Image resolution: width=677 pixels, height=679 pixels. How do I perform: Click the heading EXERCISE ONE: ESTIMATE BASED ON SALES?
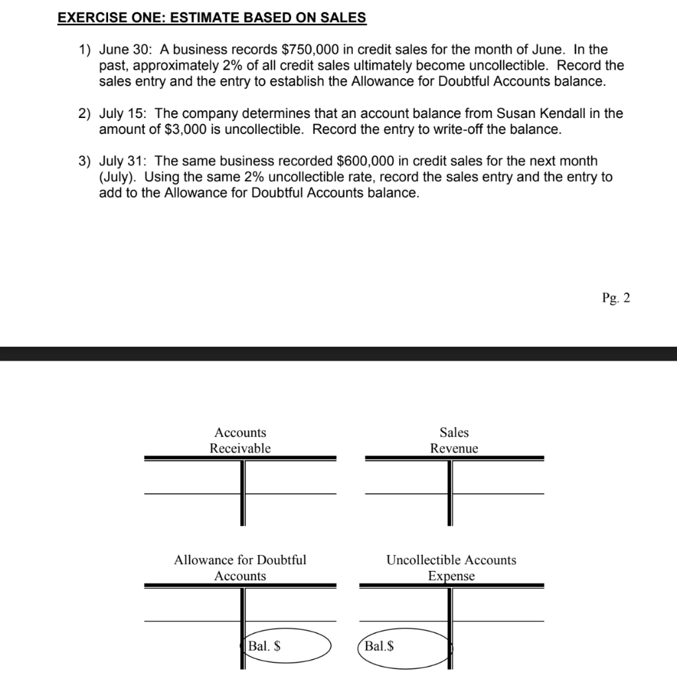click(212, 18)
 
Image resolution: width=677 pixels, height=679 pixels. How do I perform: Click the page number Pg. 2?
click(616, 298)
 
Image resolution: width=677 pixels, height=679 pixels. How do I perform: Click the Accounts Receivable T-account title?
click(240, 440)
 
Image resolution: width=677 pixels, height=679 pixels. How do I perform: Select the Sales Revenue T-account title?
click(454, 440)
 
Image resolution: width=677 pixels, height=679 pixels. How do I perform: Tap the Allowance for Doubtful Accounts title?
click(240, 568)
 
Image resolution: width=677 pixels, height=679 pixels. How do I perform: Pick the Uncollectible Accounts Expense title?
click(451, 568)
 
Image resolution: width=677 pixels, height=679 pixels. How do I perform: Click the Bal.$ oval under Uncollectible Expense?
click(404, 646)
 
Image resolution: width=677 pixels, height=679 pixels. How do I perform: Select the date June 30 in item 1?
click(125, 50)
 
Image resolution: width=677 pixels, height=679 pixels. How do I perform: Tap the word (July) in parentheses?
click(117, 177)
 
